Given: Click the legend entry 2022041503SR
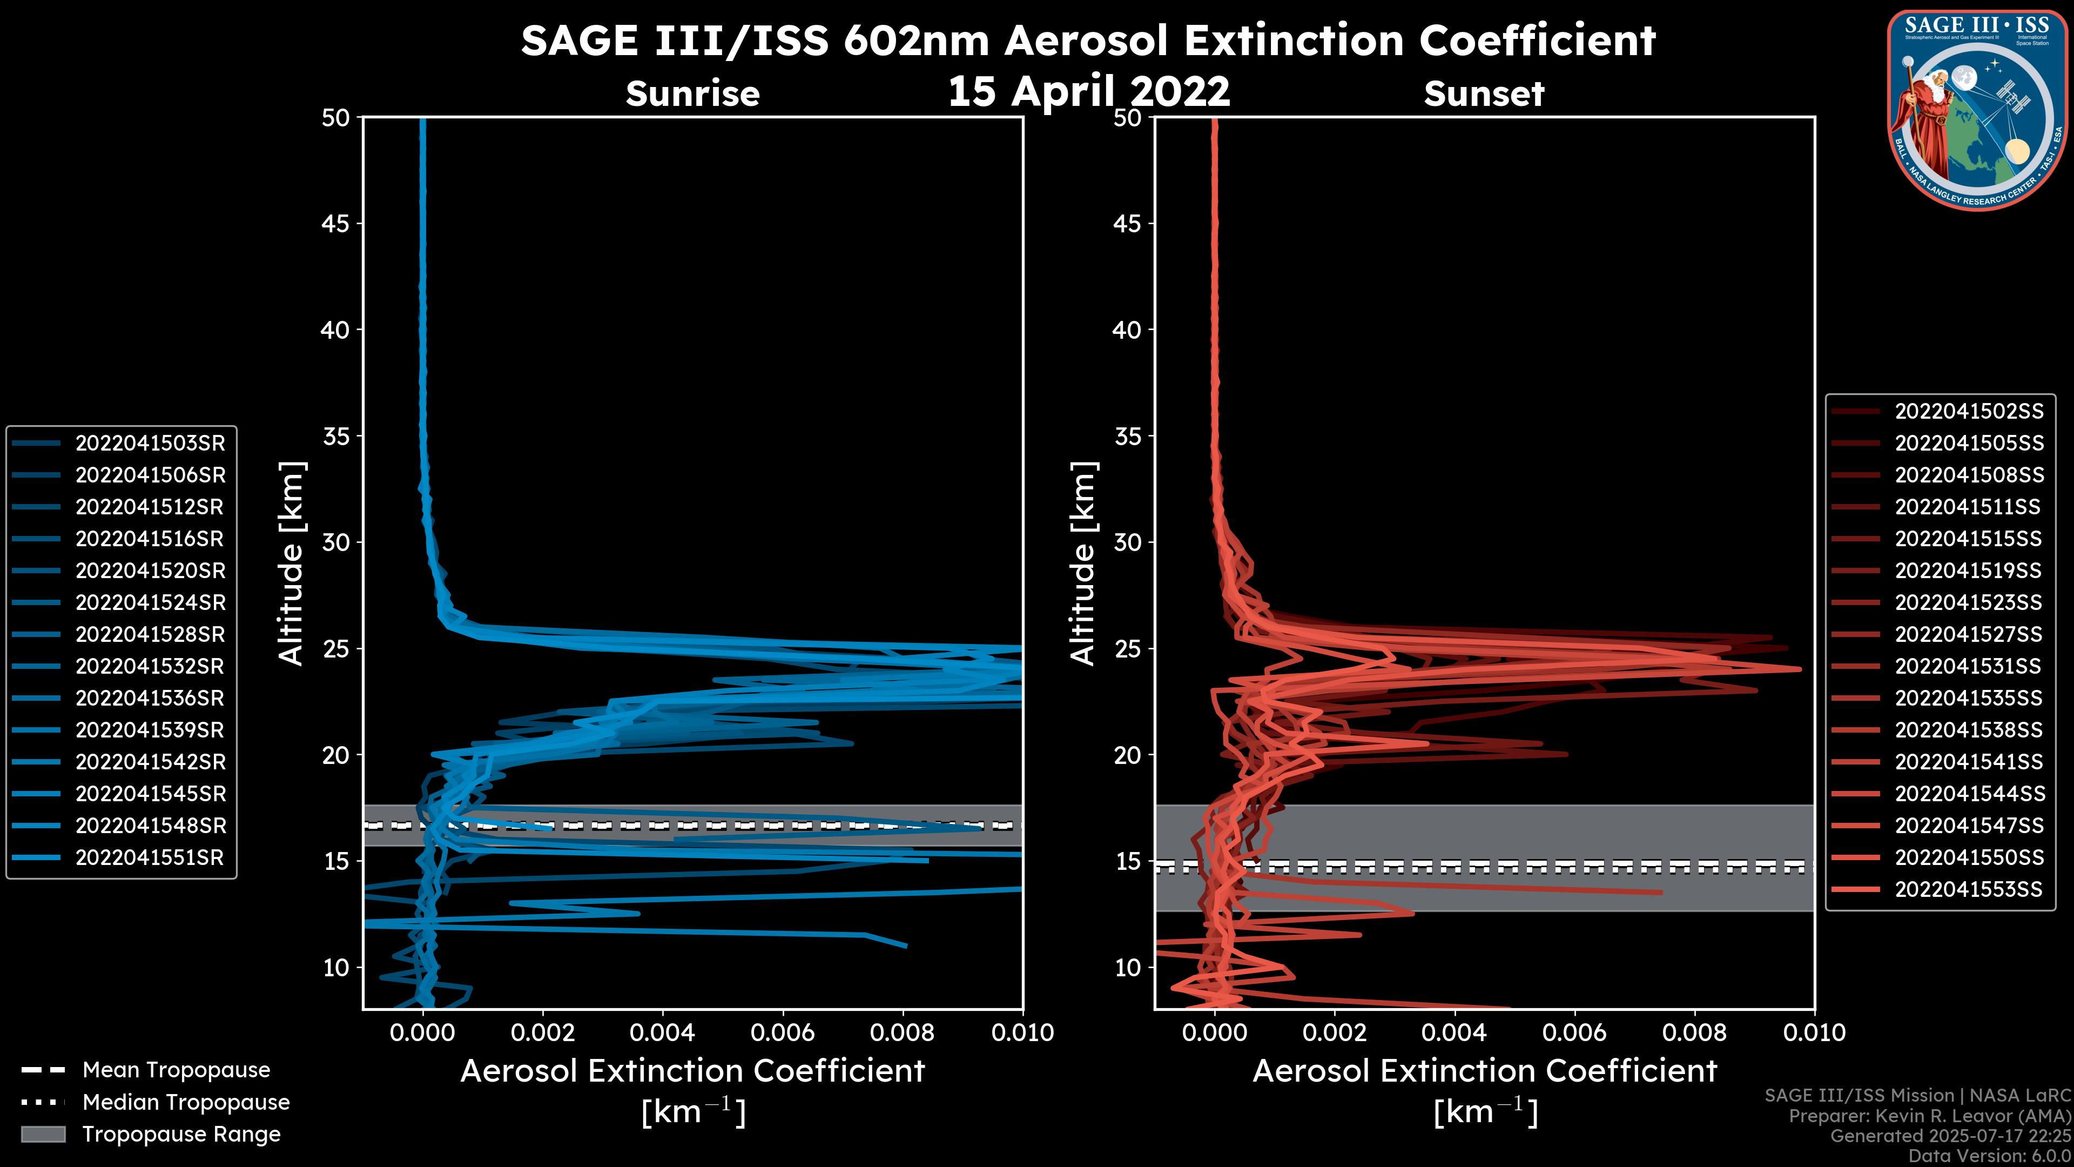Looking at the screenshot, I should [150, 443].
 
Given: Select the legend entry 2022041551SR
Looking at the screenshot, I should [150, 858].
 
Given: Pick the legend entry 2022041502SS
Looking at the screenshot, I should [1969, 412].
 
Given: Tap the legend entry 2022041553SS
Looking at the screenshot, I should [1969, 889].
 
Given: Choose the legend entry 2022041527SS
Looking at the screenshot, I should [1969, 635].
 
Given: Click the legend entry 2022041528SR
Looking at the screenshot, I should [150, 635].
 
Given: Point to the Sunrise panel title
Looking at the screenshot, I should [692, 94].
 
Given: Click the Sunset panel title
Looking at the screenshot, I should [1484, 94].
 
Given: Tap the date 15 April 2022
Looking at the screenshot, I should [1088, 91].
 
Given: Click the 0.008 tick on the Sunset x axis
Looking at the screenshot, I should [1695, 1032].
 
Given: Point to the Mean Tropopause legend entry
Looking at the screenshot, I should [176, 1070].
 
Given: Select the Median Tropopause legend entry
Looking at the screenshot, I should [186, 1103].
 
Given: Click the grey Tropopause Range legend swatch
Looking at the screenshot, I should [43, 1134].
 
